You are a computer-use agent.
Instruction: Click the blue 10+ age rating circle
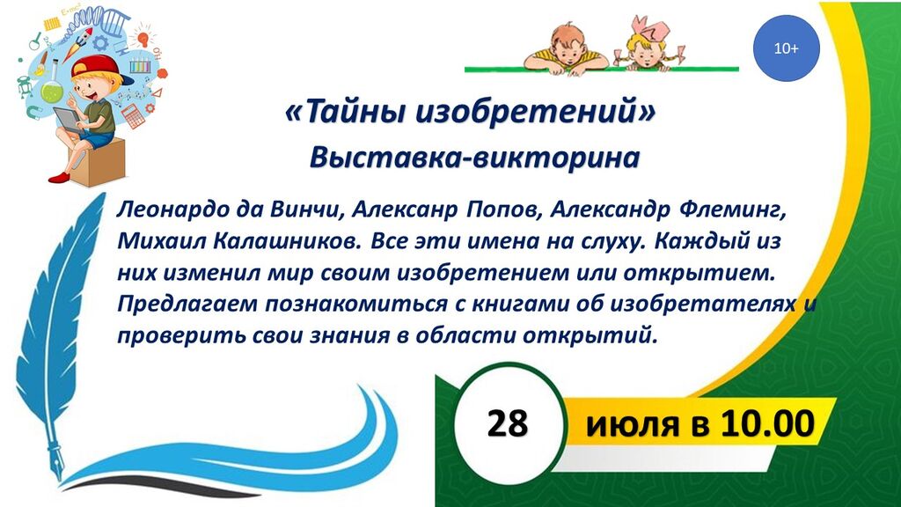786,48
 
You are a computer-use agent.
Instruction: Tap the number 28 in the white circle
508,423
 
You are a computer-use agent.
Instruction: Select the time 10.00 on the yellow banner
768,423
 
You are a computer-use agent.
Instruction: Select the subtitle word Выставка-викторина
474,157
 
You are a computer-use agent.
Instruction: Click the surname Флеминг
732,210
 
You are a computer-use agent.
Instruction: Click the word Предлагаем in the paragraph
187,304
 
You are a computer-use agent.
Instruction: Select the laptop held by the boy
69,120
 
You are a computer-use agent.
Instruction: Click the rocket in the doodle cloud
77,44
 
